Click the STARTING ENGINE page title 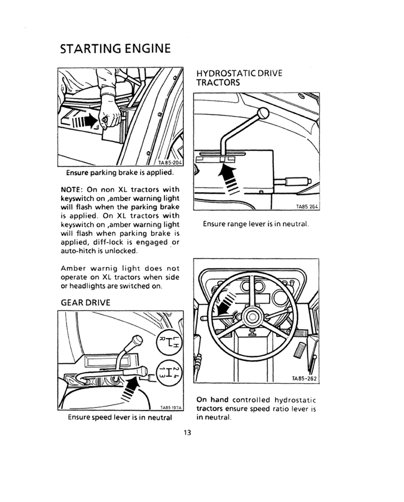[115, 50]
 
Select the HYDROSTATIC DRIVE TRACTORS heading [238, 78]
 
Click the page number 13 [187, 432]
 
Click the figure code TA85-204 [169, 163]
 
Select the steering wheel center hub [251, 317]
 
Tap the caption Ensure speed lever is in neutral [120, 418]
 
